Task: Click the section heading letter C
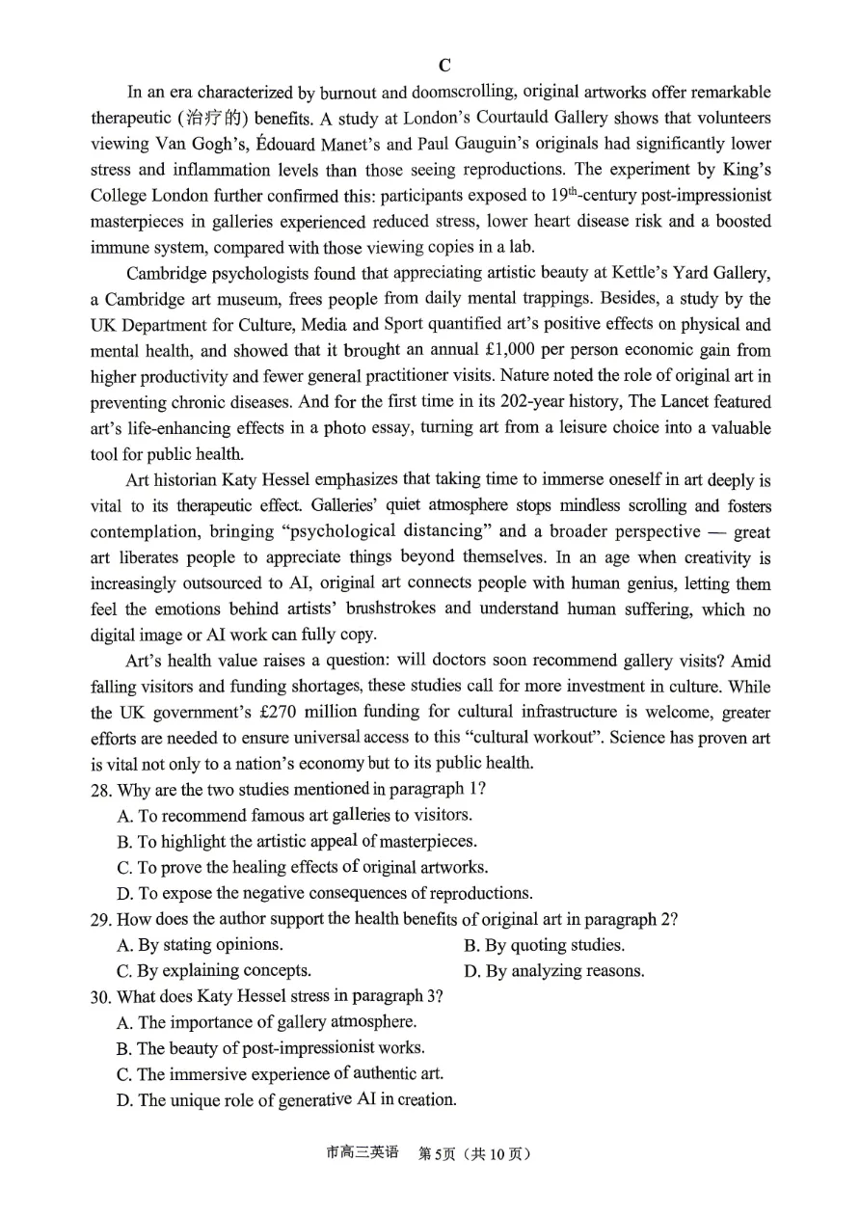444,66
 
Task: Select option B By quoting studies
545,945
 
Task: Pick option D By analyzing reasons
554,971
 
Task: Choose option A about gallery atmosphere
267,1022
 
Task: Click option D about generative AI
286,1100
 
